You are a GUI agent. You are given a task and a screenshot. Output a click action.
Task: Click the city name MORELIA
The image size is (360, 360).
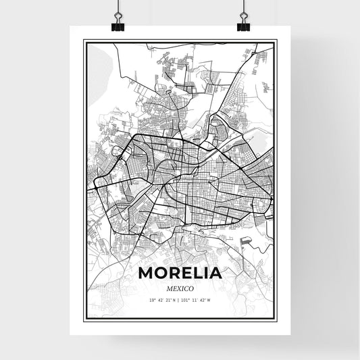click(180, 274)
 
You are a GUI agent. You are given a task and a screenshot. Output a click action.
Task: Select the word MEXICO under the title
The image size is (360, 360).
click(180, 288)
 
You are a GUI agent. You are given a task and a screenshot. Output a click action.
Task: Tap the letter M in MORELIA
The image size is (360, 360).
click(146, 274)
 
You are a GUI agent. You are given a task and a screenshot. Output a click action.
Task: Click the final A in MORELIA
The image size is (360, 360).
click(215, 274)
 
